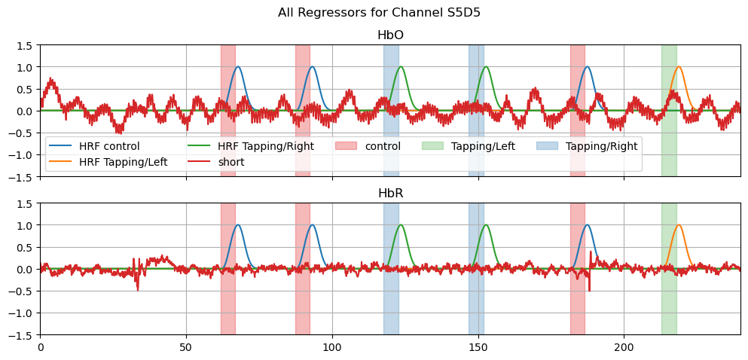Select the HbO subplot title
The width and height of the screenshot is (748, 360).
pyautogui.click(x=389, y=35)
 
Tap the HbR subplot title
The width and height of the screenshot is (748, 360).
pyautogui.click(x=389, y=194)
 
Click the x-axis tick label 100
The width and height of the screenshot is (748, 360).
pyautogui.click(x=332, y=348)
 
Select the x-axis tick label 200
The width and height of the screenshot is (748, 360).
pyautogui.click(x=624, y=348)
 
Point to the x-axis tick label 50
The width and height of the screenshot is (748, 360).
pyautogui.click(x=186, y=348)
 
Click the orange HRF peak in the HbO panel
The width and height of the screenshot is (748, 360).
pyautogui.click(x=679, y=67)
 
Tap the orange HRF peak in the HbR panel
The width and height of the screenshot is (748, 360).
pyautogui.click(x=679, y=225)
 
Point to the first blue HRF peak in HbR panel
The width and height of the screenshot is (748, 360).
pyautogui.click(x=238, y=225)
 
